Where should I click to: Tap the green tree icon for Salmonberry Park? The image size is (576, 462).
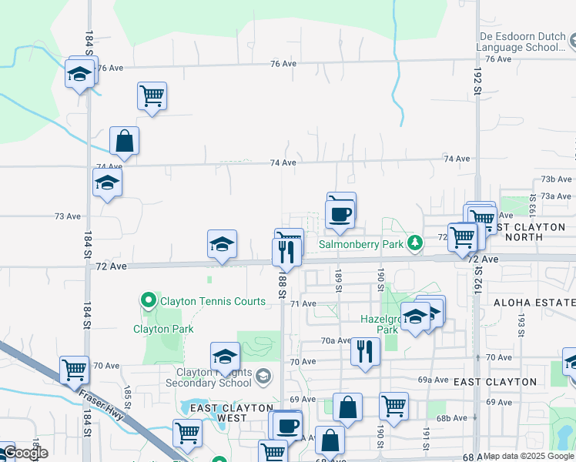415,243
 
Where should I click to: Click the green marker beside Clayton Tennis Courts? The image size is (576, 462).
149,300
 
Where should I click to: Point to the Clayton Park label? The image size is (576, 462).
163,329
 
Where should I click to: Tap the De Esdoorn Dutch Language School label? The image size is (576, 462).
520,42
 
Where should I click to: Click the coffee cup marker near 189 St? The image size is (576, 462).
340,213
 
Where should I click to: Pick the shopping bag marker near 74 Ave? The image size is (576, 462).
124,142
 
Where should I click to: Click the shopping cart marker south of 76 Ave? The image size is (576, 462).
152,96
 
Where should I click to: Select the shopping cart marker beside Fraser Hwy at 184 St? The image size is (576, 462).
74,370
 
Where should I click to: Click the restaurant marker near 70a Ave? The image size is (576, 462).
365,351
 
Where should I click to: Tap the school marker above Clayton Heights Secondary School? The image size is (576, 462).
225,357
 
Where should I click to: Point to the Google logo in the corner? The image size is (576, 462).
25,454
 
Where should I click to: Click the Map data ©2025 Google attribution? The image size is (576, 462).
529,456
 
